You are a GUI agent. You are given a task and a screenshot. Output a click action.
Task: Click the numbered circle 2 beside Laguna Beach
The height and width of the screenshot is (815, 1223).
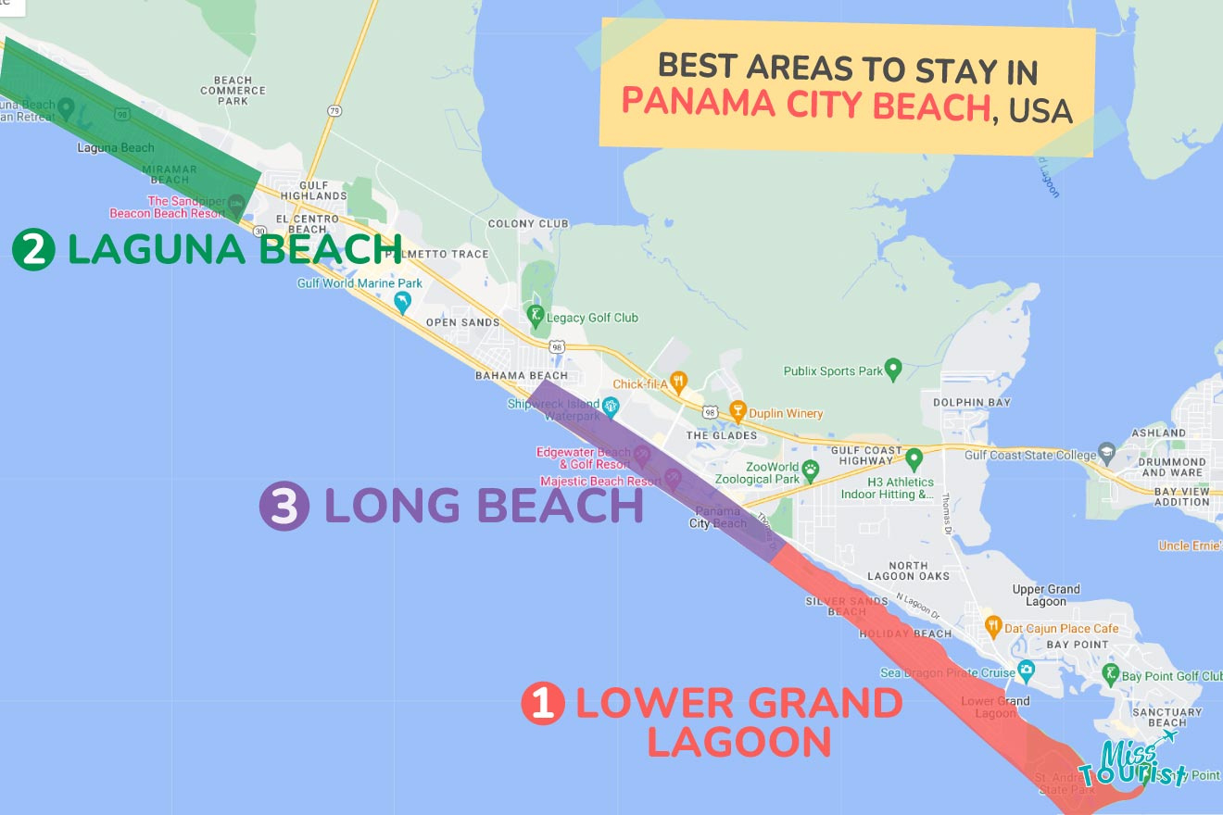pos(34,251)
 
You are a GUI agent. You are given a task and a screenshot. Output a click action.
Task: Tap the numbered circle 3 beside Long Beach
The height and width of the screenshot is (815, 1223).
pos(284,507)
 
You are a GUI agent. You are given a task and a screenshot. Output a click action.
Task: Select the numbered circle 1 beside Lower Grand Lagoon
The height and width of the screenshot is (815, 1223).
pos(543,704)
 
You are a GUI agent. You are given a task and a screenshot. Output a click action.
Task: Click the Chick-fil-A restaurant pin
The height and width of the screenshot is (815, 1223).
pos(678,381)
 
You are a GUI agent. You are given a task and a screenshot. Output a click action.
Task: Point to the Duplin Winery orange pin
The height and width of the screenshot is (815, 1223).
pos(738,409)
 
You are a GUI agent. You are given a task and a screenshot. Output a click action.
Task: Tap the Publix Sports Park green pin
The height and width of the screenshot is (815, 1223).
pos(893,368)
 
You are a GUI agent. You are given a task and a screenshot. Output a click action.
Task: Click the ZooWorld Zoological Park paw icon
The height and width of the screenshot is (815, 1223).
pos(811,469)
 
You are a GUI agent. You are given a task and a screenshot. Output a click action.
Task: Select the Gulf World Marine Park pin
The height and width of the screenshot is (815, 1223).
pos(402,301)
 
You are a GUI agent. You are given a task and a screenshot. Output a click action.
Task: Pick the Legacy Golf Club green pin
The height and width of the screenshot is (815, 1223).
pos(535,315)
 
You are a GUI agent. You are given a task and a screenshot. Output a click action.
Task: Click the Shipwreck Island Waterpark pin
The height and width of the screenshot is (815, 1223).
pos(611,406)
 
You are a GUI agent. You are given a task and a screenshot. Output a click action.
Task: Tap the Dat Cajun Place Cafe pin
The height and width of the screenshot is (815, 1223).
pos(992,625)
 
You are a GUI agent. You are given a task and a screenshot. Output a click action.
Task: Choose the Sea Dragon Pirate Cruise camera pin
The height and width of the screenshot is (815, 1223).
pos(1025,670)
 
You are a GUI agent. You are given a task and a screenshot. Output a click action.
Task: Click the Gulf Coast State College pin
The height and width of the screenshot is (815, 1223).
pos(1106,452)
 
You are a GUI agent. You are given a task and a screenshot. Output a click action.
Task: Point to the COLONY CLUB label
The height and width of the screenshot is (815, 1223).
pos(528,223)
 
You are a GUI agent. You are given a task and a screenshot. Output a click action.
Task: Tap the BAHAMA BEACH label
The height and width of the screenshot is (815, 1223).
pos(521,376)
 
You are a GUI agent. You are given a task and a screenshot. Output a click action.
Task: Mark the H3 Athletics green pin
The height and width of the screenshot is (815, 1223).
pos(914,458)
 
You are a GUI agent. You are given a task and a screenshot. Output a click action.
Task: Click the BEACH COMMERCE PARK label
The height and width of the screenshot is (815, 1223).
pos(233,90)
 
